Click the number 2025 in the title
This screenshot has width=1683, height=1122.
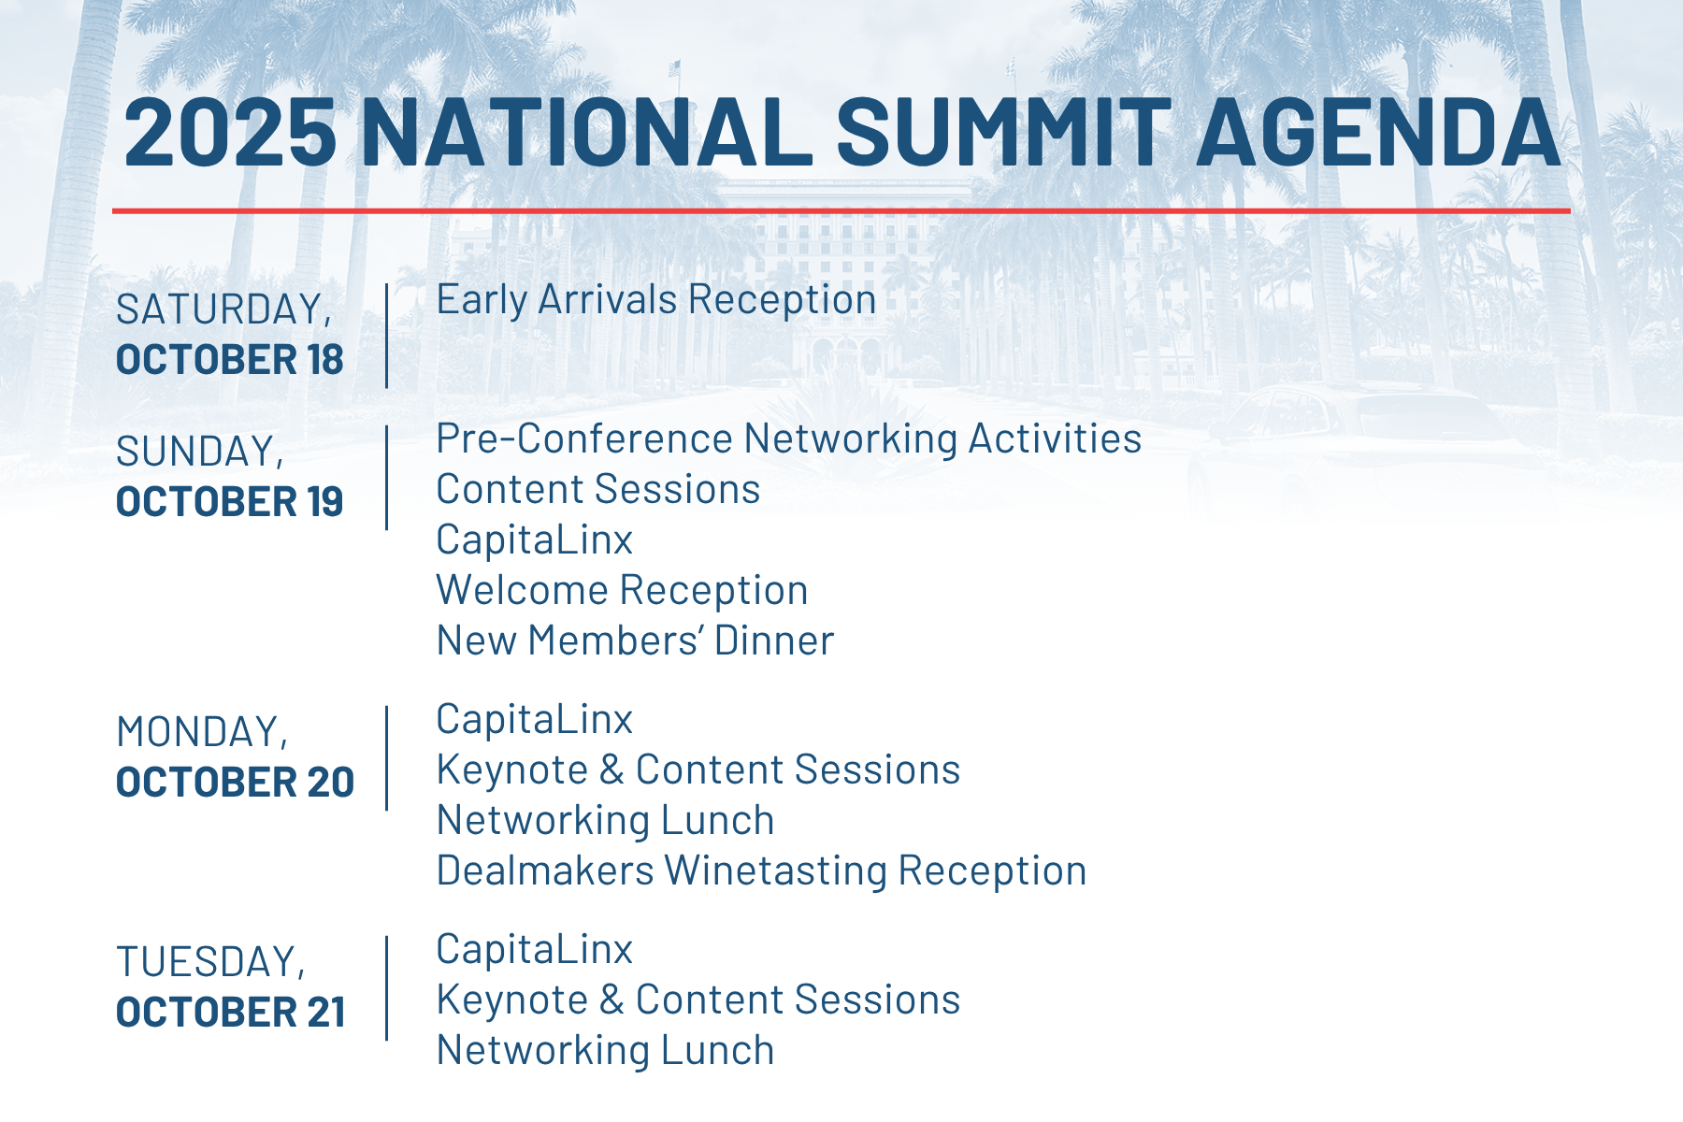click(x=230, y=132)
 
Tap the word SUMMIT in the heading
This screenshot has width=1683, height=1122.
click(x=1004, y=132)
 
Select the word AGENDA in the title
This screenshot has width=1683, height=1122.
click(x=1379, y=132)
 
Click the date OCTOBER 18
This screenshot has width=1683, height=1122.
click(x=230, y=360)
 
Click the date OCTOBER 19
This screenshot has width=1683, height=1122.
click(x=230, y=502)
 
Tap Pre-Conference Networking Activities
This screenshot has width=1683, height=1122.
click(x=789, y=439)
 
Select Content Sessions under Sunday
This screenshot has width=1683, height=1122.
click(x=598, y=489)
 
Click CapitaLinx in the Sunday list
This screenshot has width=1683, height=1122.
click(x=535, y=539)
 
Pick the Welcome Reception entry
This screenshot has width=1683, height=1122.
click(x=623, y=591)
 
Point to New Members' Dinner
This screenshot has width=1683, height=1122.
click(x=635, y=640)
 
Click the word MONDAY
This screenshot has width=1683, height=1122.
click(x=202, y=733)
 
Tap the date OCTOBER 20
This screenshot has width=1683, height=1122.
click(x=236, y=783)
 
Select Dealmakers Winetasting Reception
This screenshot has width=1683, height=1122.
click(x=762, y=871)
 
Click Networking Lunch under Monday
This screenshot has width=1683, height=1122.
click(x=606, y=821)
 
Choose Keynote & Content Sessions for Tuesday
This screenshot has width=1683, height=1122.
click(x=698, y=1000)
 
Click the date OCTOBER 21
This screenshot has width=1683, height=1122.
click(x=231, y=1013)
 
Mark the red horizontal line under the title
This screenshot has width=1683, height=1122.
click(x=841, y=210)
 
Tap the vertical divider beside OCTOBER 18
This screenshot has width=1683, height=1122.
click(x=387, y=336)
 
